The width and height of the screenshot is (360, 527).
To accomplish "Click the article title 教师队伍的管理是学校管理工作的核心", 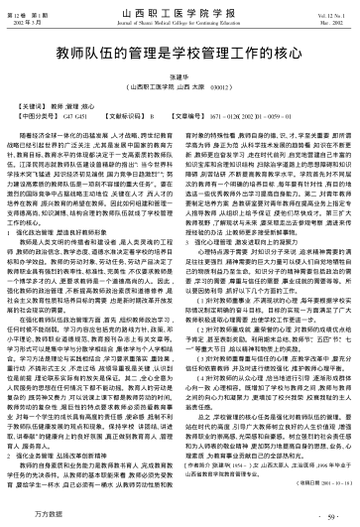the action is point(180,49).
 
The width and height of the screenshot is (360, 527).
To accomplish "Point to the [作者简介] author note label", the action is point(207,492).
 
